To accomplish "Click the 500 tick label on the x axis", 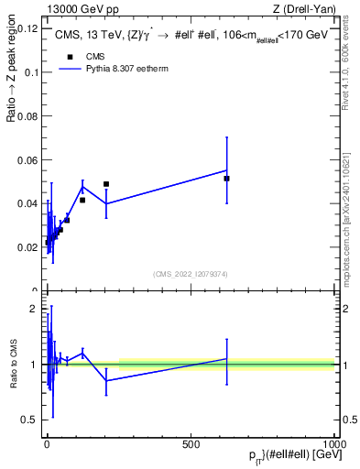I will (191, 443).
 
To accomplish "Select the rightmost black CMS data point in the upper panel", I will (226, 179).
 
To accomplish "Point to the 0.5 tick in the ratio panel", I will (30, 420).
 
